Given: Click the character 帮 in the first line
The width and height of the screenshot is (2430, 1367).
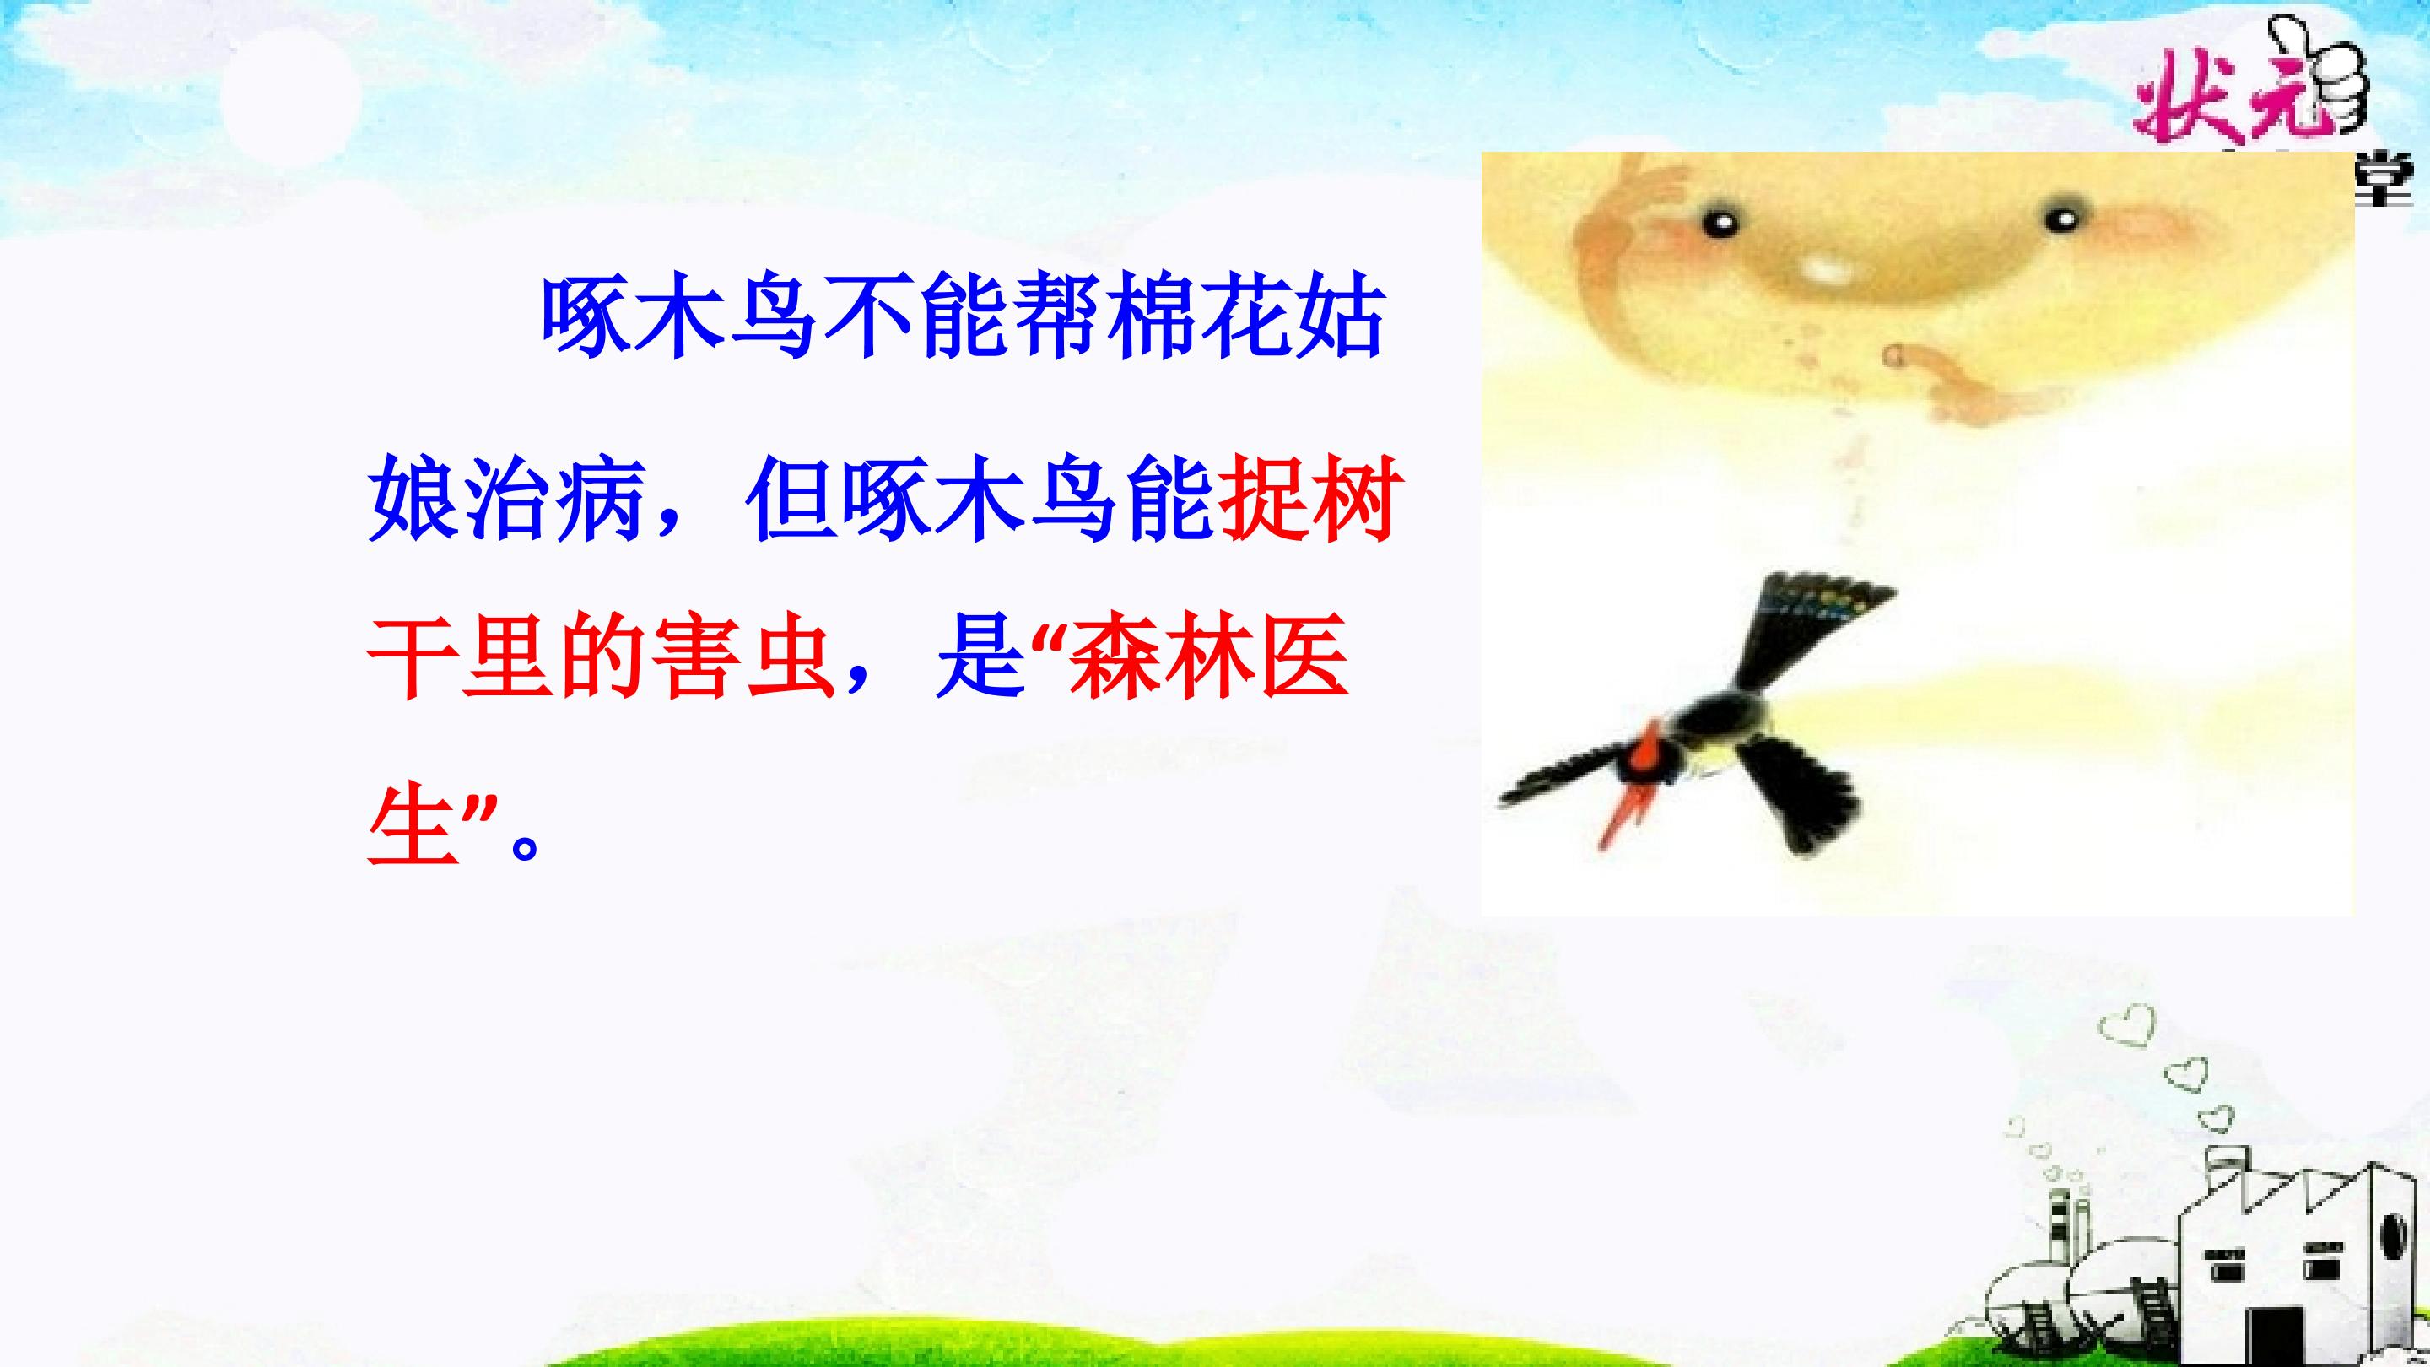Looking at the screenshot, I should [1058, 318].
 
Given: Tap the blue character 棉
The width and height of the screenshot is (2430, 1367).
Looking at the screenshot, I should [1153, 318].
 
